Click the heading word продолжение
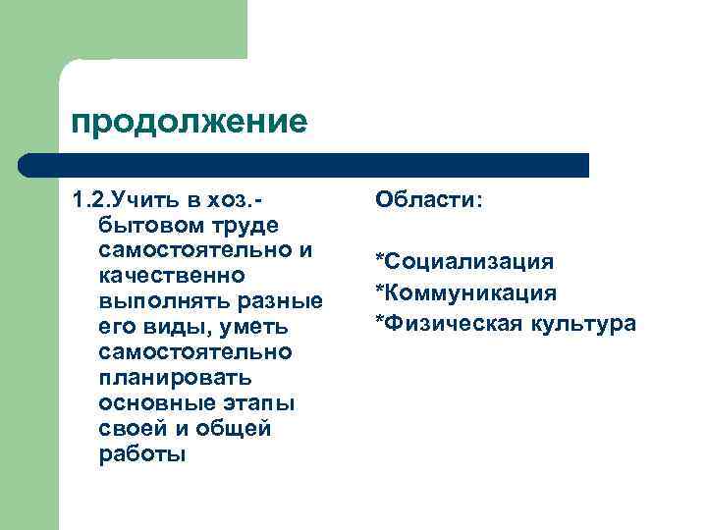click(x=190, y=123)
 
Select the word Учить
click(x=149, y=200)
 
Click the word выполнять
click(x=156, y=301)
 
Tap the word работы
click(x=141, y=454)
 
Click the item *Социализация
click(x=463, y=261)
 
